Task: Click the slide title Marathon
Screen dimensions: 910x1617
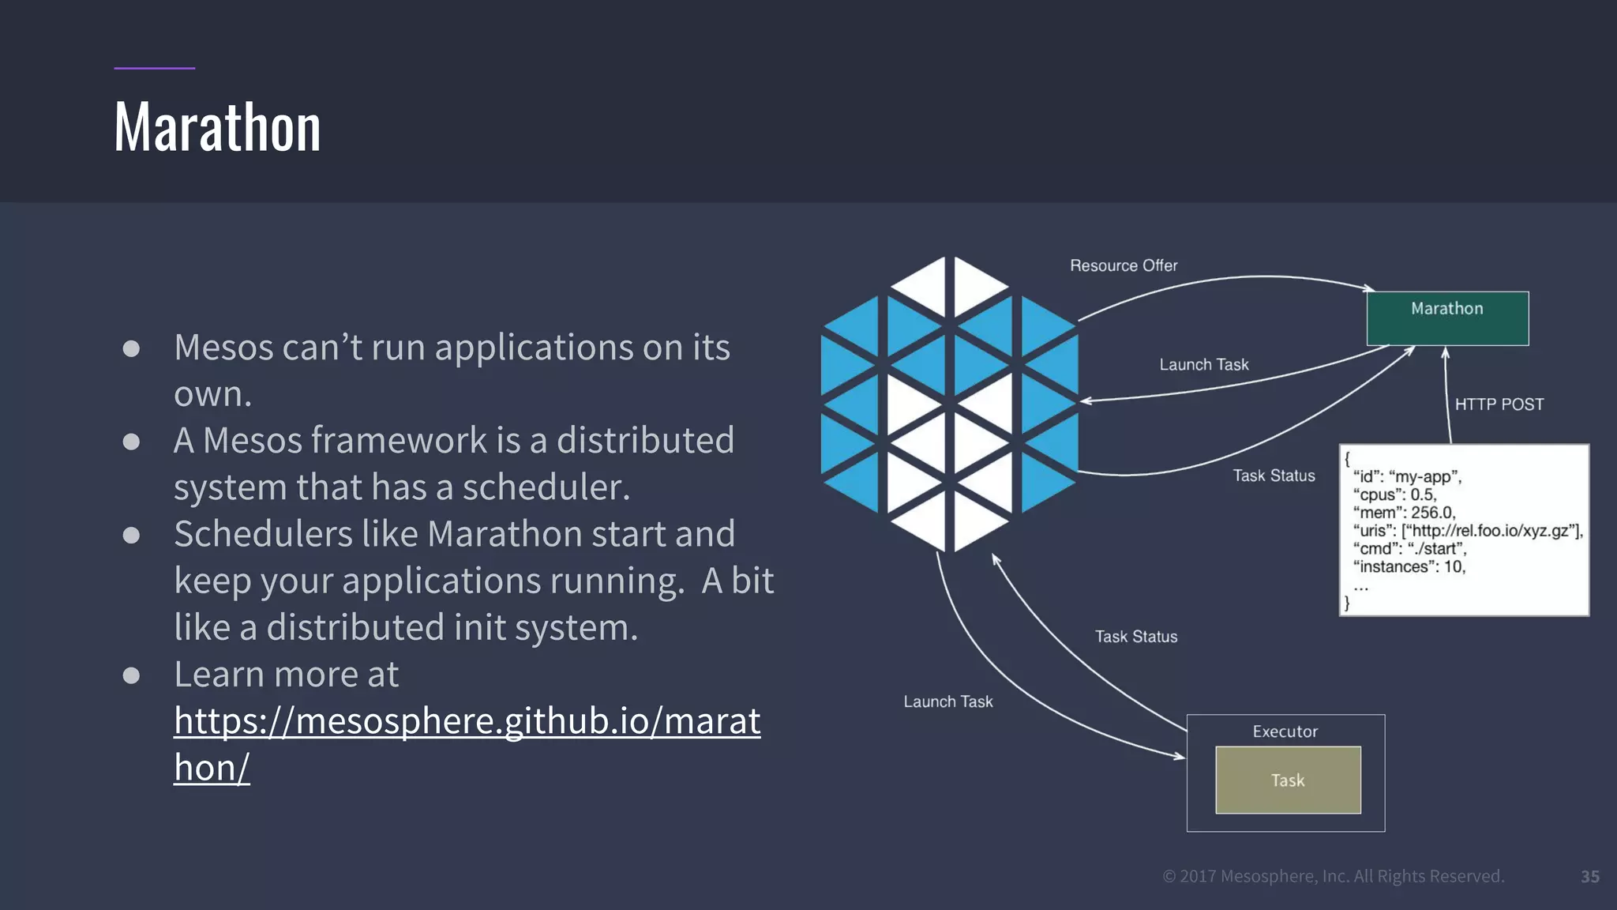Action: pyautogui.click(x=217, y=127)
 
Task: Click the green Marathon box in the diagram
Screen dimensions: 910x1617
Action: pyautogui.click(x=1447, y=318)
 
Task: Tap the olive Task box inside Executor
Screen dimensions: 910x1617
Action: pyautogui.click(x=1288, y=780)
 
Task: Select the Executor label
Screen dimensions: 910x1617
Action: pyautogui.click(x=1285, y=731)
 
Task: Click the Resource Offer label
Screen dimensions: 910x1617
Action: pyautogui.click(x=1123, y=265)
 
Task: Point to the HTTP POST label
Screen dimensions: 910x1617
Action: pyautogui.click(x=1499, y=404)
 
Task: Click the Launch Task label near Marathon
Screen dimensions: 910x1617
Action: pyautogui.click(x=1203, y=365)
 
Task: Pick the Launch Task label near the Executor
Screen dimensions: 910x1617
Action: pyautogui.click(x=947, y=701)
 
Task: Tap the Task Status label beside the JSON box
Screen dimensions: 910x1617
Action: pyautogui.click(x=1274, y=476)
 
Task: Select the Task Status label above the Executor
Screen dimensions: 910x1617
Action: pyautogui.click(x=1135, y=637)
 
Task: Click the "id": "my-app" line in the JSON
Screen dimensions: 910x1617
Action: pyautogui.click(x=1407, y=476)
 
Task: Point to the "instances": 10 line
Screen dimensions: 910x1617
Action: pyautogui.click(x=1409, y=566)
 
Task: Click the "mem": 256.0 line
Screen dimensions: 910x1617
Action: pyautogui.click(x=1404, y=513)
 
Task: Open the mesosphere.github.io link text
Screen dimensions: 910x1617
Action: pyautogui.click(x=467, y=721)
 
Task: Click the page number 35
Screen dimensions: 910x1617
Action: pyautogui.click(x=1589, y=877)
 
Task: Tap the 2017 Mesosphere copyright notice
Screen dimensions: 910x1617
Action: pyautogui.click(x=1333, y=876)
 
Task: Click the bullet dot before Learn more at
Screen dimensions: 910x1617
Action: pyautogui.click(x=132, y=675)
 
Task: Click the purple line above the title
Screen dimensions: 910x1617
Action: pyautogui.click(x=154, y=69)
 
